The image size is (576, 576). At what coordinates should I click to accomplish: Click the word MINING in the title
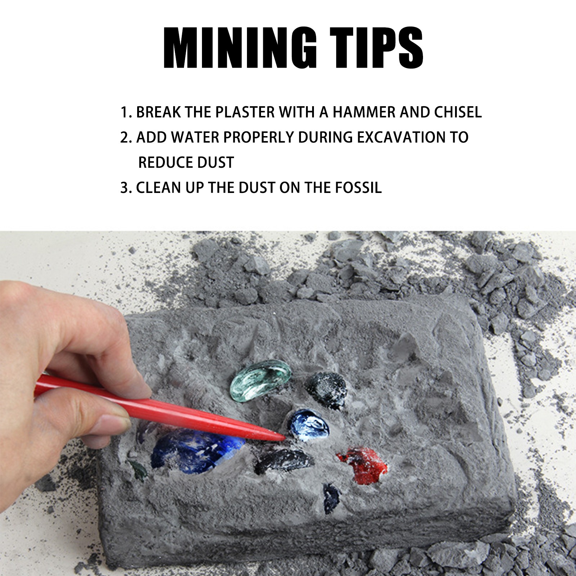point(240,48)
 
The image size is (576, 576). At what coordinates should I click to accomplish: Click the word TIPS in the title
point(376,48)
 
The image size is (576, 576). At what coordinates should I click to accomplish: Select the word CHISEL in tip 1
point(458,112)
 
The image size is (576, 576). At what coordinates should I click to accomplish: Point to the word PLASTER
point(245,112)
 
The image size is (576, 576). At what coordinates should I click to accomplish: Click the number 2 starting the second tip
point(124,138)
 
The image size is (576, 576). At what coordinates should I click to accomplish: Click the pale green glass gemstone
point(260,380)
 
